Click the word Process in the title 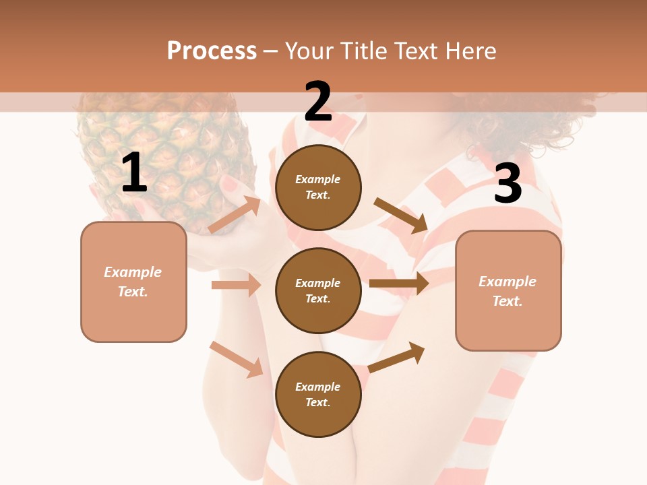(x=212, y=51)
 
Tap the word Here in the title (x=470, y=51)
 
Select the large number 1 (x=134, y=173)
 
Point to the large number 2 (x=318, y=101)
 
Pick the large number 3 (x=507, y=184)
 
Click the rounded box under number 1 (x=133, y=282)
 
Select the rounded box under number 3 (x=508, y=290)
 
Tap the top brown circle (x=318, y=187)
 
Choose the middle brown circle (x=318, y=290)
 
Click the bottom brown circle (x=318, y=394)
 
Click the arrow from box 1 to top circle (x=234, y=216)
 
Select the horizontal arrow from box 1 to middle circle (x=236, y=285)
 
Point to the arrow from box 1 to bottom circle (x=236, y=359)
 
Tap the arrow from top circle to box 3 (x=401, y=216)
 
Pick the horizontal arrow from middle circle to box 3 (x=399, y=283)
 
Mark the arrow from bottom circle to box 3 (x=396, y=357)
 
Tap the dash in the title (x=271, y=51)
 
